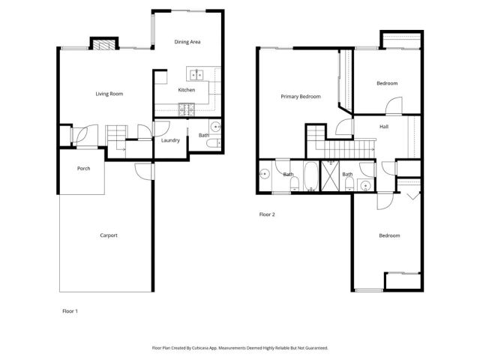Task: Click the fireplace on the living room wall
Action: (104, 44)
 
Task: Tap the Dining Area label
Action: (187, 42)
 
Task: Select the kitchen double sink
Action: (198, 74)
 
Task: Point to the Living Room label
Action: (109, 94)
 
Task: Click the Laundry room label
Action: (170, 140)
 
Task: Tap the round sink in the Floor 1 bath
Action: (214, 127)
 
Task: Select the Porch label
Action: (84, 168)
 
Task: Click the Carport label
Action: (109, 235)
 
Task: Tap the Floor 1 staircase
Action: (117, 139)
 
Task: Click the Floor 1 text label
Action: (70, 310)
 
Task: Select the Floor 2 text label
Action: (268, 214)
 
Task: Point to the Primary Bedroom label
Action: (301, 97)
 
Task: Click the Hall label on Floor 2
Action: (384, 127)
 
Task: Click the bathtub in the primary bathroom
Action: (310, 178)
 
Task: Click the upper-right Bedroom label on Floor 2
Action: (387, 83)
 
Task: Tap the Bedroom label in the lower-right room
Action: (389, 236)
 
